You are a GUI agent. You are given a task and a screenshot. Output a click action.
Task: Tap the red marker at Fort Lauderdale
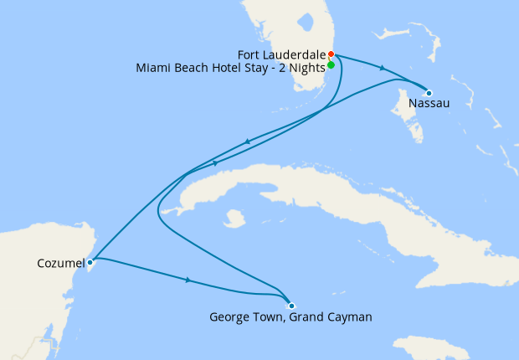point(331,54)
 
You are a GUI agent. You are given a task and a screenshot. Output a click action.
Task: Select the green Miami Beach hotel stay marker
point(331,64)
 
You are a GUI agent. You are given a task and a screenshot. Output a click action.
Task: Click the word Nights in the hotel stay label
point(305,67)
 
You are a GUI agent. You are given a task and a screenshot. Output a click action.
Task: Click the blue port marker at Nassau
point(429,93)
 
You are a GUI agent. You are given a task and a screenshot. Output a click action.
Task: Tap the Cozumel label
point(59,263)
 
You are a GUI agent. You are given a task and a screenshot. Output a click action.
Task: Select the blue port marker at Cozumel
point(90,262)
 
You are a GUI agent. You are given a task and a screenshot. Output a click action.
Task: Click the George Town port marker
point(291,306)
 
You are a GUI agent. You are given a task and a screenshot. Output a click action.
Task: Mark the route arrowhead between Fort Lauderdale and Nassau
point(383,69)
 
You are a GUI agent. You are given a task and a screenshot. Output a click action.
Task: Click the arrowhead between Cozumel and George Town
point(188,280)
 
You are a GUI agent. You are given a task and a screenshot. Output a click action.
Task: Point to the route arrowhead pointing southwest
point(248,142)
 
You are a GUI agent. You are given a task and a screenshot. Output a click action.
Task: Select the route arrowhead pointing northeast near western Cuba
point(216,162)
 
